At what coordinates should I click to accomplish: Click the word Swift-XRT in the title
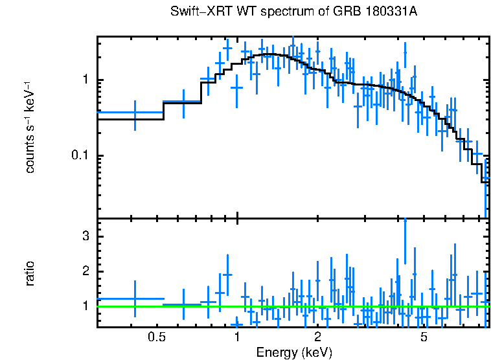(196, 12)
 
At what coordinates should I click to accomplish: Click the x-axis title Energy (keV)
(294, 353)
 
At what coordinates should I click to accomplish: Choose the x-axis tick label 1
(237, 337)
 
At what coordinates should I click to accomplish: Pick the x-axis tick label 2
(318, 337)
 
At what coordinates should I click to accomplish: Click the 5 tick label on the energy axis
(424, 337)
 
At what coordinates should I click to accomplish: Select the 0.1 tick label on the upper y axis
(82, 156)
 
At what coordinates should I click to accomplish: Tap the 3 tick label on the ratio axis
(86, 236)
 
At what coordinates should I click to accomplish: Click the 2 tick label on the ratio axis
(86, 271)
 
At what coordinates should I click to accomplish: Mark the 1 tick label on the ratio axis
(86, 306)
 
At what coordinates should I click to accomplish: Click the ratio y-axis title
(30, 273)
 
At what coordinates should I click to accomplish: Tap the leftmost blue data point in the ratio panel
(135, 298)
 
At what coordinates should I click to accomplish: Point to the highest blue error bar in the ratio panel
(405, 240)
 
